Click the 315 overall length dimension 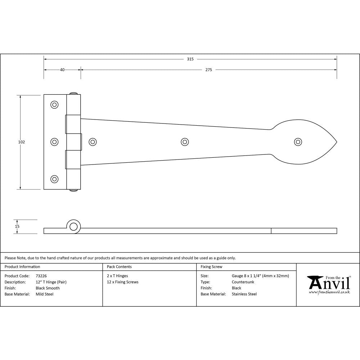(190, 59)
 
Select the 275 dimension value (208, 70)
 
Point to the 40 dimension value (62, 70)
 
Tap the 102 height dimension (22, 142)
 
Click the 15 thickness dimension (17, 226)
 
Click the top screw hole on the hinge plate (54, 105)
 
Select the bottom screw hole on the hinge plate (54, 179)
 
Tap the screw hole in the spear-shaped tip (298, 142)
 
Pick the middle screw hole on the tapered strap (185, 142)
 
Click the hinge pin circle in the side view (73, 226)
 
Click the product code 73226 (41, 276)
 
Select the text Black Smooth (48, 288)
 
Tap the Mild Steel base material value (45, 294)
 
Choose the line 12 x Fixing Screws (122, 282)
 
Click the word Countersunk (243, 282)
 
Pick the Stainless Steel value (244, 294)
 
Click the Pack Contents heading (119, 267)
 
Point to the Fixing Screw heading (211, 267)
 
